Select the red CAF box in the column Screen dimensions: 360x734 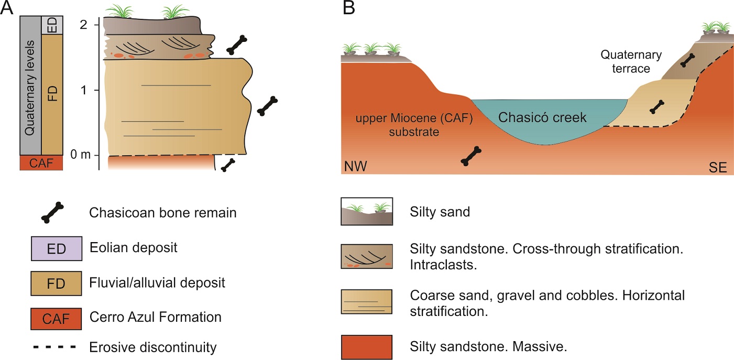[x=41, y=163]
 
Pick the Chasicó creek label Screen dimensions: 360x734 [x=542, y=117]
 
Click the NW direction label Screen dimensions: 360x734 [x=355, y=167]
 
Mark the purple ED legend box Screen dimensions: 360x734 [x=56, y=248]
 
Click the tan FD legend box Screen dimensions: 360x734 [x=56, y=283]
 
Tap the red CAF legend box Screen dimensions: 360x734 [x=56, y=318]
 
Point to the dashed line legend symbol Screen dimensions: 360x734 [x=55, y=347]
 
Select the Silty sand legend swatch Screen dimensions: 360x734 [x=367, y=212]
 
